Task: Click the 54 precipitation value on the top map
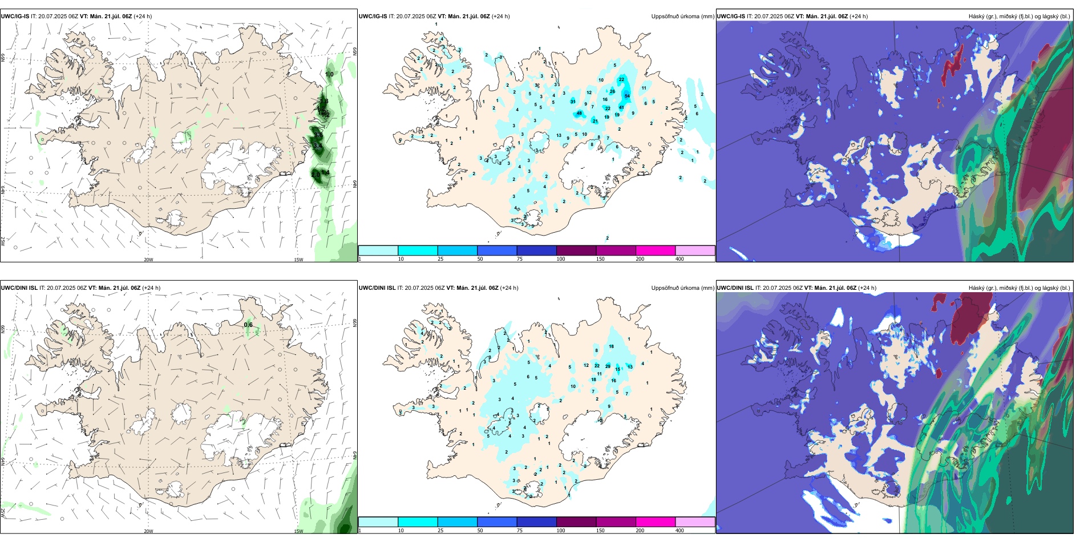tap(627, 96)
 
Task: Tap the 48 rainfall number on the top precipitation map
tap(579, 113)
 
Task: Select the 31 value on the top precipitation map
tap(573, 102)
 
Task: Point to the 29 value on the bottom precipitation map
tap(608, 366)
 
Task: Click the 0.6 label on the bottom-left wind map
tap(248, 325)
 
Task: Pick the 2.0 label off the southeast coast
tap(316, 174)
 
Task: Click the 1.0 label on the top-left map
tap(329, 74)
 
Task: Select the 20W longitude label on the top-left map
tap(148, 260)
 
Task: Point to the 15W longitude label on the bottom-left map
tap(298, 531)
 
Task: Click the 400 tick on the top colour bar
tap(679, 259)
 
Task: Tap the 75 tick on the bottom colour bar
tap(519, 531)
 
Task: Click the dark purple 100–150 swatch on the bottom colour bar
tap(576, 522)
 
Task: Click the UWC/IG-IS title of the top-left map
tap(15, 17)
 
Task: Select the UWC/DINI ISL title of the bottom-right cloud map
tap(735, 288)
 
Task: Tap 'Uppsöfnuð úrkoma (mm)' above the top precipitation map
tap(682, 17)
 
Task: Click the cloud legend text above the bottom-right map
tap(1019, 288)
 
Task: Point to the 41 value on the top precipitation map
tap(621, 107)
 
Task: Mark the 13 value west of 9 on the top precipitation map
tap(559, 136)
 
